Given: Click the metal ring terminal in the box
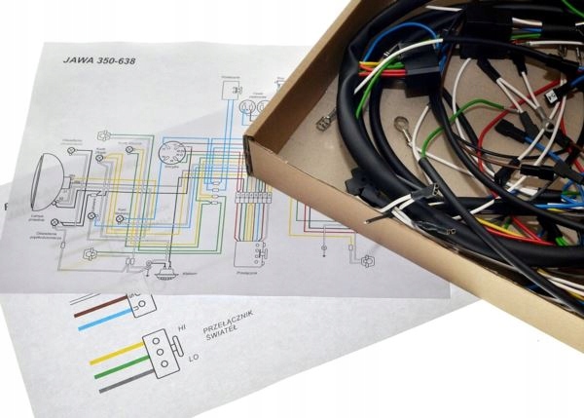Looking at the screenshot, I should point(400,126).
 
